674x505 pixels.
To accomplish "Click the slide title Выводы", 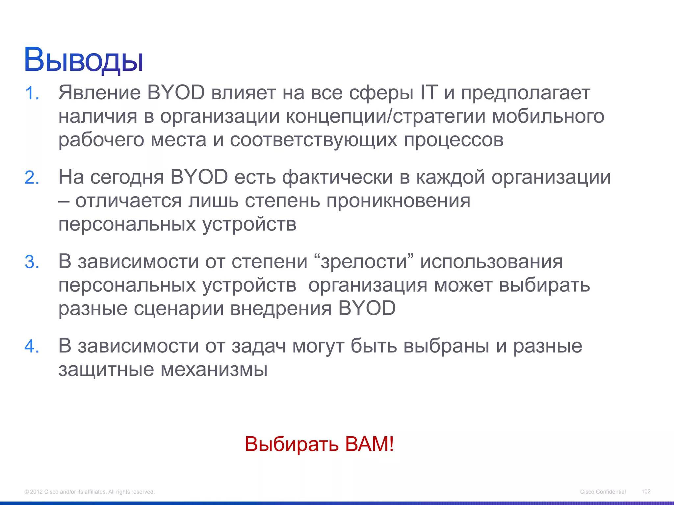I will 84,60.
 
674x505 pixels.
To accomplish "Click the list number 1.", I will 32,93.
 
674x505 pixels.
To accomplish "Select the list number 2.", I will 32,178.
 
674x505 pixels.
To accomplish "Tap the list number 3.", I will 32,262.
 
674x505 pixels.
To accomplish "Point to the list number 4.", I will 32,347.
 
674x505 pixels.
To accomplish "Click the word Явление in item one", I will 99,93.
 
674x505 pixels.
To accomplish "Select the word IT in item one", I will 429,93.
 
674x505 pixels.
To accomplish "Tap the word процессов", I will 454,140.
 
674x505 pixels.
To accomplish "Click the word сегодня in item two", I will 127,178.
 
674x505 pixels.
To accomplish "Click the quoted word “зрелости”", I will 364,262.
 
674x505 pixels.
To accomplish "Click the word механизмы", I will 214,370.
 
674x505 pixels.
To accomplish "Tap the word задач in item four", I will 258,346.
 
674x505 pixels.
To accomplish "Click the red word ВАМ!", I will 369,444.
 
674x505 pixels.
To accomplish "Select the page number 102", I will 646,491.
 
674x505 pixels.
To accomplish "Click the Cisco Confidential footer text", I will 603,492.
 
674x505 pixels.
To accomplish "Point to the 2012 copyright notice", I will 90,492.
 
